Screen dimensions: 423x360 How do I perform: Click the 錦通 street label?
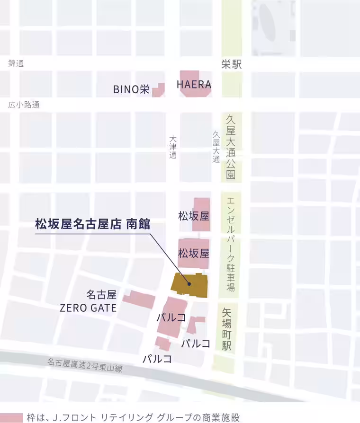[16, 63]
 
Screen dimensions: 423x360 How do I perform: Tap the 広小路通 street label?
[24, 105]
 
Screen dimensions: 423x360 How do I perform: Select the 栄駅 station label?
[231, 65]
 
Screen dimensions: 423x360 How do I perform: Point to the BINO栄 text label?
[131, 89]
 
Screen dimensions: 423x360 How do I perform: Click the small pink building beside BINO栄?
[159, 89]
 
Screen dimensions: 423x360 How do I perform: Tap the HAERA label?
[194, 85]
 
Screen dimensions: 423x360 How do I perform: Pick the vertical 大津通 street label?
[173, 147]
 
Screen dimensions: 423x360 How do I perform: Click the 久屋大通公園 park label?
[231, 147]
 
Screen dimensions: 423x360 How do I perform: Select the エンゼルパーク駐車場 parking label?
[231, 243]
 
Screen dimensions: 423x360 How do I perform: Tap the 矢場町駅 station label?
[227, 329]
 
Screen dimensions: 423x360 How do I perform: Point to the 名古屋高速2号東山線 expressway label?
[85, 365]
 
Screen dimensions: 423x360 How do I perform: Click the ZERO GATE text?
[88, 308]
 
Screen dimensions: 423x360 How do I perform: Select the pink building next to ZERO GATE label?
[139, 300]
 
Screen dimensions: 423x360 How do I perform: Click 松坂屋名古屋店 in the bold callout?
[78, 224]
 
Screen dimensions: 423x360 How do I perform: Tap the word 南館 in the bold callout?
[138, 224]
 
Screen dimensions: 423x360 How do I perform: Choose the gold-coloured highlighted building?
[189, 284]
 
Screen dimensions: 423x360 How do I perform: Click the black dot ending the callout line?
[189, 284]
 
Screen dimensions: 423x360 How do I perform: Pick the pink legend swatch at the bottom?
[11, 418]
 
